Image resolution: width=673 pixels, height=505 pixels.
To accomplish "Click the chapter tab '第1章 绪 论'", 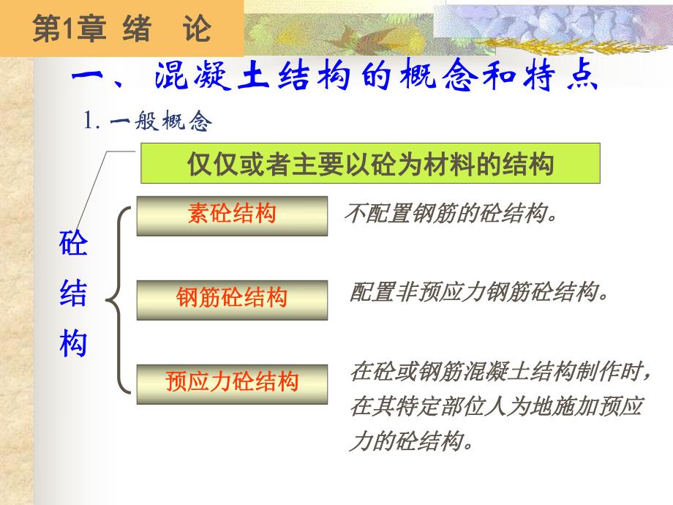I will [121, 29].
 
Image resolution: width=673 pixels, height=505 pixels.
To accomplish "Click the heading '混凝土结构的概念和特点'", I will [377, 77].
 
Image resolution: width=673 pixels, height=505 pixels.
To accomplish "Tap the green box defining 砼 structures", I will [370, 163].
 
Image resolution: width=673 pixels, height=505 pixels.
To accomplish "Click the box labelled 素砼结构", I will [232, 214].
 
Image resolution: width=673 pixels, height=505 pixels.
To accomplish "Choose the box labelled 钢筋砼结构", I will [232, 298].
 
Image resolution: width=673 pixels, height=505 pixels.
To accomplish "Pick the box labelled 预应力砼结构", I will [232, 381].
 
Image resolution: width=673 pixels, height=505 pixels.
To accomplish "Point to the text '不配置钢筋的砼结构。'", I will [451, 215].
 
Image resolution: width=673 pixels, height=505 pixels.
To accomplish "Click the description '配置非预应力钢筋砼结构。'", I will [479, 293].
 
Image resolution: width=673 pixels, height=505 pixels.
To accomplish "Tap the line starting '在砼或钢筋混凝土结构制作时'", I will [500, 373].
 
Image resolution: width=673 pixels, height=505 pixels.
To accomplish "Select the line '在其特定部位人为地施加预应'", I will [496, 407].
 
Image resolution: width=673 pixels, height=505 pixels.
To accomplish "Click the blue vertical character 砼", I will [73, 244].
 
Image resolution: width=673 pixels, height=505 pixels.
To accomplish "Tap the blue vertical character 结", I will [73, 294].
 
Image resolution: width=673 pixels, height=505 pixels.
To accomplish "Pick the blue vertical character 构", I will [73, 343].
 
